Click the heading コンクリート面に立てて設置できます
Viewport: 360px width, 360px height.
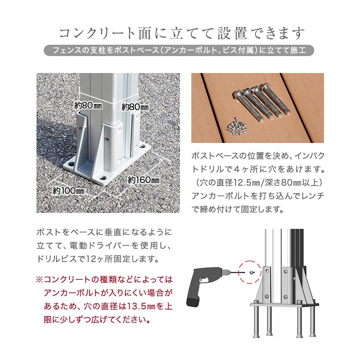coord(182,33)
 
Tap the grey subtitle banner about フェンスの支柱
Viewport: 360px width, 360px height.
coord(179,50)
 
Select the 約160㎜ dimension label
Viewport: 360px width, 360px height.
coord(143,180)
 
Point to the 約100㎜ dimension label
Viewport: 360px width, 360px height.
coord(68,191)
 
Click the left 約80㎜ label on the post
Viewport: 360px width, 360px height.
coord(88,105)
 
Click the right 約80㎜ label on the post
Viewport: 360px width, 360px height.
coord(135,107)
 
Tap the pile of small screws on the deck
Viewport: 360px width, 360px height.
coord(237,127)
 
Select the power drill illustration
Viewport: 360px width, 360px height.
coord(208,286)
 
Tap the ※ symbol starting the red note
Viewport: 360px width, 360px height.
coord(40,280)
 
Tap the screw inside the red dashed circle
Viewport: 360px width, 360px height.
coord(253,273)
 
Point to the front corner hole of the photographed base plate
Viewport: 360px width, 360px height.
coord(103,178)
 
